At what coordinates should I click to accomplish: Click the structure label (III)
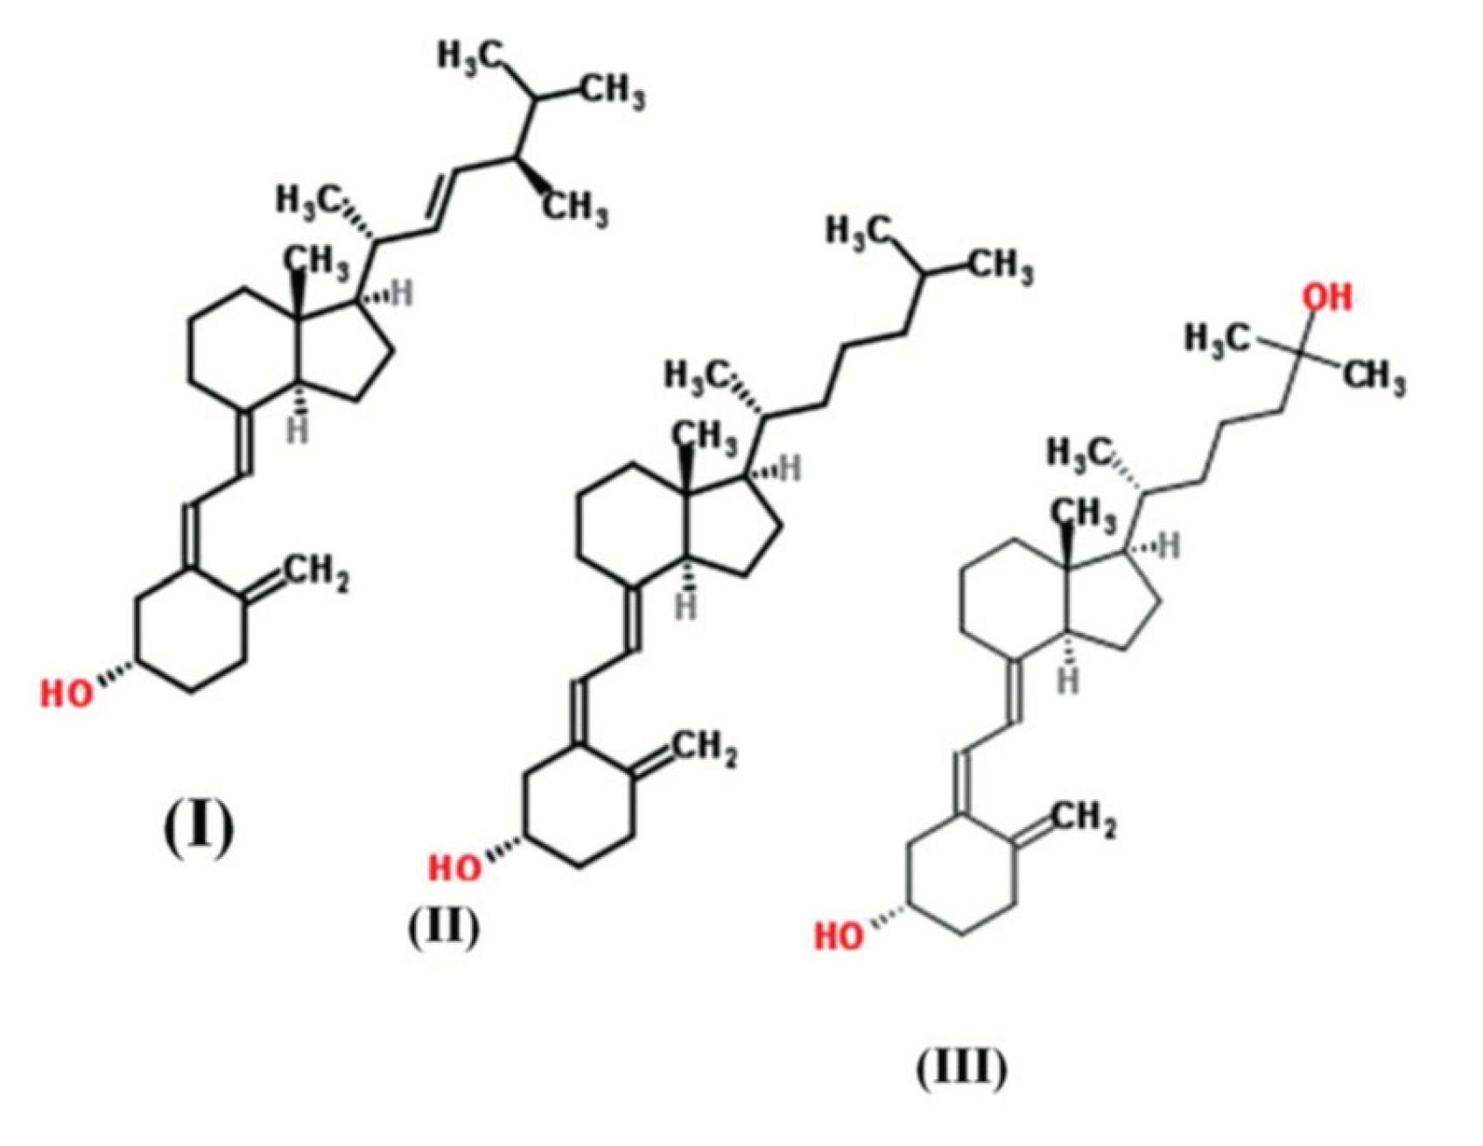pos(961,1066)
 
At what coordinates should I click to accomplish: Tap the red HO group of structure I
pos(67,693)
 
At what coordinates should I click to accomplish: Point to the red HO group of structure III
pos(840,936)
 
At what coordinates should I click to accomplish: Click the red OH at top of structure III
pos(1327,298)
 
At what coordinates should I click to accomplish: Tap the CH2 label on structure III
pos(1083,820)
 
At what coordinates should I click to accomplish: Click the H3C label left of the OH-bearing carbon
pos(1217,337)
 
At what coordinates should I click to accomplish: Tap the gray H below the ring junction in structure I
pos(299,431)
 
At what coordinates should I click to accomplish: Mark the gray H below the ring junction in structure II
pos(687,606)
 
